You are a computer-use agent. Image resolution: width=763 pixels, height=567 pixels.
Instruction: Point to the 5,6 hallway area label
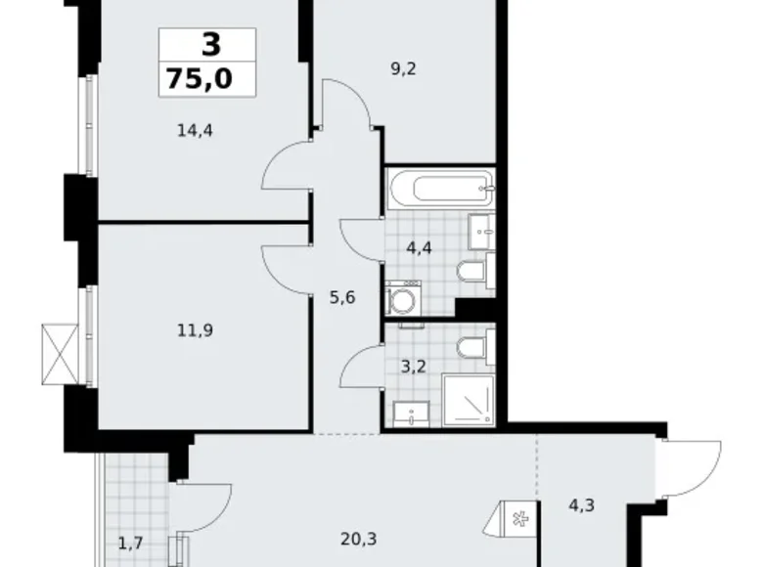click(x=342, y=297)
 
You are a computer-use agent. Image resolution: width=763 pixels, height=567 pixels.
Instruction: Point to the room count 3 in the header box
click(x=206, y=45)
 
